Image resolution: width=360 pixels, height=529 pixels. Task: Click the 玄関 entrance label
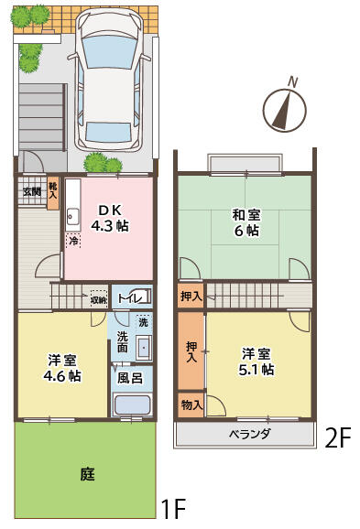pos(31,191)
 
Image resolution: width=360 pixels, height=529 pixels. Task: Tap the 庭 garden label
pos(87,475)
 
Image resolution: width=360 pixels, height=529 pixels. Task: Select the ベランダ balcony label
pos(249,434)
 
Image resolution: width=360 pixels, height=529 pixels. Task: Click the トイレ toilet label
pos(127,299)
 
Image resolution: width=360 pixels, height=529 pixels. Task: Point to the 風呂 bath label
pos(129,377)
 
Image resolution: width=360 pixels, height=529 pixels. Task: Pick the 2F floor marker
pos(338,438)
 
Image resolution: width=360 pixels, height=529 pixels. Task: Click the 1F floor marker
pos(173,508)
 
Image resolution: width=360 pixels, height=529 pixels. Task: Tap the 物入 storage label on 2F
pos(191,404)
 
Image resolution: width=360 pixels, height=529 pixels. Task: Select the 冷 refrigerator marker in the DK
pos(72,241)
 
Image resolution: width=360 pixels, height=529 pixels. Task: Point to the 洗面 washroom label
pos(123,341)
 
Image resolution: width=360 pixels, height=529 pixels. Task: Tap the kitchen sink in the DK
pos(72,218)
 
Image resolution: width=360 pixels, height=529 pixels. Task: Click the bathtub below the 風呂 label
pos(129,405)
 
